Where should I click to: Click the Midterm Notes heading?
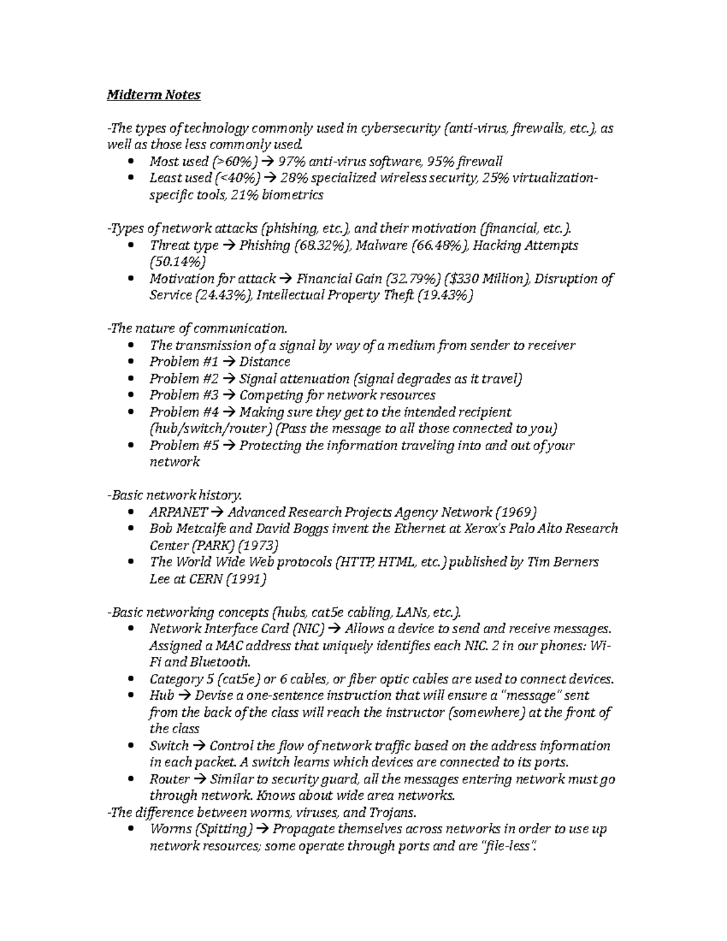click(x=153, y=95)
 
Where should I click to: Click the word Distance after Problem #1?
click(x=265, y=362)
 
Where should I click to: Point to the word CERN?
click(x=205, y=579)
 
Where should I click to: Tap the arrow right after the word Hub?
click(x=185, y=696)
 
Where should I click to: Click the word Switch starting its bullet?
click(x=169, y=746)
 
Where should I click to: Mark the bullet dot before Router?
click(x=132, y=779)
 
